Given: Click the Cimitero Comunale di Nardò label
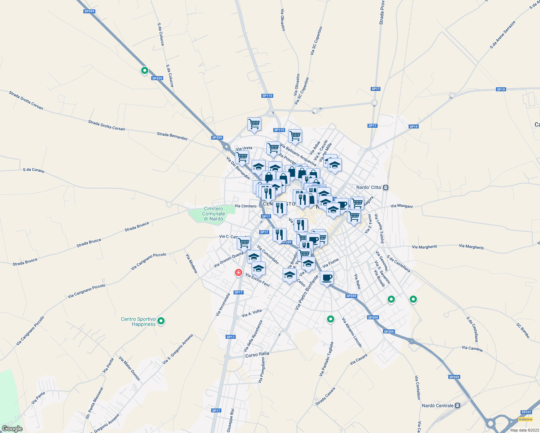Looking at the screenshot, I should coord(213,214).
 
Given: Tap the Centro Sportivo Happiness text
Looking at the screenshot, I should coord(138,322).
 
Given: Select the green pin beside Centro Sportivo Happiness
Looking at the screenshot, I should coord(161,320).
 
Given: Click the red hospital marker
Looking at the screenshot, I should coord(238,272).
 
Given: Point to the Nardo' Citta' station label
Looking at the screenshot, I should coord(369,187).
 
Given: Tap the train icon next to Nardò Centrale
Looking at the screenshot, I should coord(457,406).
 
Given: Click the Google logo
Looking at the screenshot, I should coord(12,429).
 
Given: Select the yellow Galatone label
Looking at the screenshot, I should coord(525,419).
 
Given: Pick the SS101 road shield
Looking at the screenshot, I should coord(526,412).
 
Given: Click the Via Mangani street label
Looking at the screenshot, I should coord(401,206).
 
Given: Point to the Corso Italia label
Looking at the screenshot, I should coord(257,354).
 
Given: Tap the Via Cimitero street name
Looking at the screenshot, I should coord(245,206).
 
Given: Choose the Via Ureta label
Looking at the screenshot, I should coord(244,148).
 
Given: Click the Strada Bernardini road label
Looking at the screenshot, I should coord(172,136).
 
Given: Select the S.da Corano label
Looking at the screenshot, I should coord(34,170).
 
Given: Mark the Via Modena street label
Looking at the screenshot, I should coord(191,263).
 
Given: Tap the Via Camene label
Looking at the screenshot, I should coord(472,348).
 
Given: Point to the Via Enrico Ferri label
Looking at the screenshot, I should coord(258,280).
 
